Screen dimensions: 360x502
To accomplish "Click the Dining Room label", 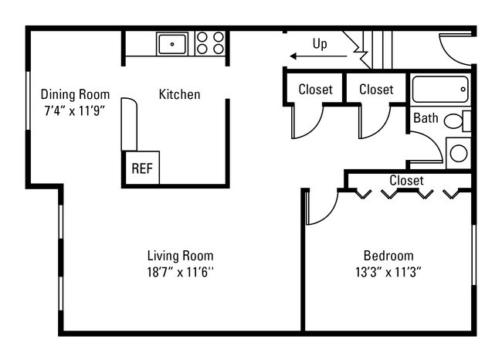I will [x=75, y=95].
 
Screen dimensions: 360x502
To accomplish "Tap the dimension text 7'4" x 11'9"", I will [x=74, y=110].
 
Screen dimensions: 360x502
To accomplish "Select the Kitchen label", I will [x=179, y=95].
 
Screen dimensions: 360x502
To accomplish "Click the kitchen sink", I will [x=171, y=42].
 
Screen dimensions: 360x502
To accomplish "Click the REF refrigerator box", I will [x=141, y=168].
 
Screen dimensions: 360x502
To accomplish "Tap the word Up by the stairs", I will [x=319, y=43].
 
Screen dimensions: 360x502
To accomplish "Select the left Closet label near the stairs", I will [x=315, y=90].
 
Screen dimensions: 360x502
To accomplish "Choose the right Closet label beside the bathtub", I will [x=376, y=90].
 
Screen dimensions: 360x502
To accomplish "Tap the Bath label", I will [x=426, y=118].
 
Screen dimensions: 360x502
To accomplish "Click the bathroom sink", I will [x=458, y=152].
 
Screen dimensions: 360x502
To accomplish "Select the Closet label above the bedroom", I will [x=406, y=181].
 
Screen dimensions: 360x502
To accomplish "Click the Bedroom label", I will [x=388, y=256].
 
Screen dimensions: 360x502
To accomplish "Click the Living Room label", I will [x=180, y=256].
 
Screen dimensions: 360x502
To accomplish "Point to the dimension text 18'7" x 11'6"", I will [x=180, y=271].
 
